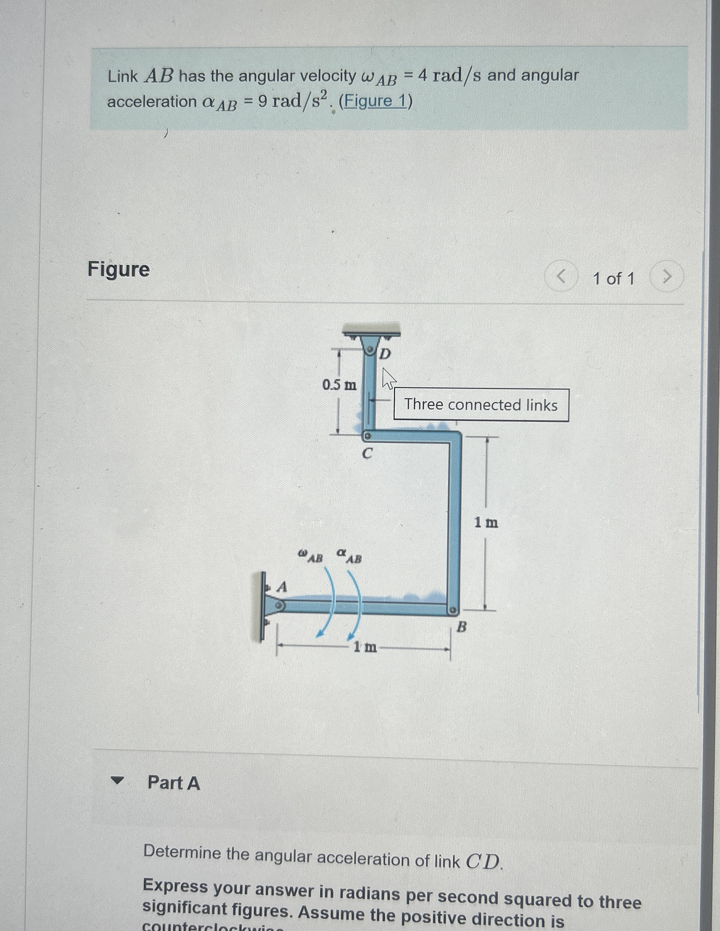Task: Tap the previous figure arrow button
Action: click(561, 277)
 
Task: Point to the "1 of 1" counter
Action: click(614, 279)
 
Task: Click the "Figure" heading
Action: click(119, 269)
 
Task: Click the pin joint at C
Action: click(367, 437)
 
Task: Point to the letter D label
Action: click(385, 354)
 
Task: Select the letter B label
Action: click(461, 627)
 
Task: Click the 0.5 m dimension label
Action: click(339, 385)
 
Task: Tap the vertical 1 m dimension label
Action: click(486, 522)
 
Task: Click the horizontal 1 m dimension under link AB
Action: click(365, 647)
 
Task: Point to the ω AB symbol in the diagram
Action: click(310, 556)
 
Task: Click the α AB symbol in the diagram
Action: click(349, 556)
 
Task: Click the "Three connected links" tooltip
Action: click(481, 405)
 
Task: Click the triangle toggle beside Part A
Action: click(117, 781)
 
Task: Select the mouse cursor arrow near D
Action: click(388, 378)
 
